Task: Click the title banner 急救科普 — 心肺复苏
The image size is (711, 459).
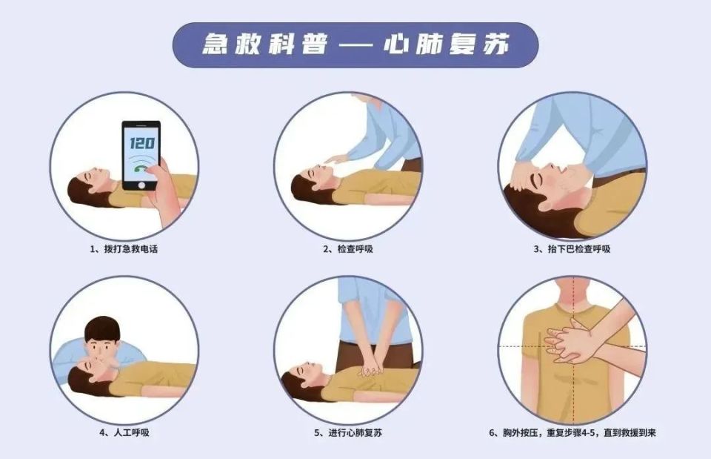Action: tap(355, 44)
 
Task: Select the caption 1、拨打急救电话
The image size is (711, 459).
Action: tap(124, 249)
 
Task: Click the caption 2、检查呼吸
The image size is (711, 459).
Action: tap(347, 249)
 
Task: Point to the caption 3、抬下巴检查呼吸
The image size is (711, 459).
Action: tap(572, 249)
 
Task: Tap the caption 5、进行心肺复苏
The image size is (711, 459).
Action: tap(347, 432)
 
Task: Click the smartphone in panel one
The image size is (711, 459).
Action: tap(141, 156)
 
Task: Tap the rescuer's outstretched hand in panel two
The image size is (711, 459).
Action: tap(336, 158)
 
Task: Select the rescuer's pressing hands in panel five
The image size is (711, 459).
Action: tap(370, 368)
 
